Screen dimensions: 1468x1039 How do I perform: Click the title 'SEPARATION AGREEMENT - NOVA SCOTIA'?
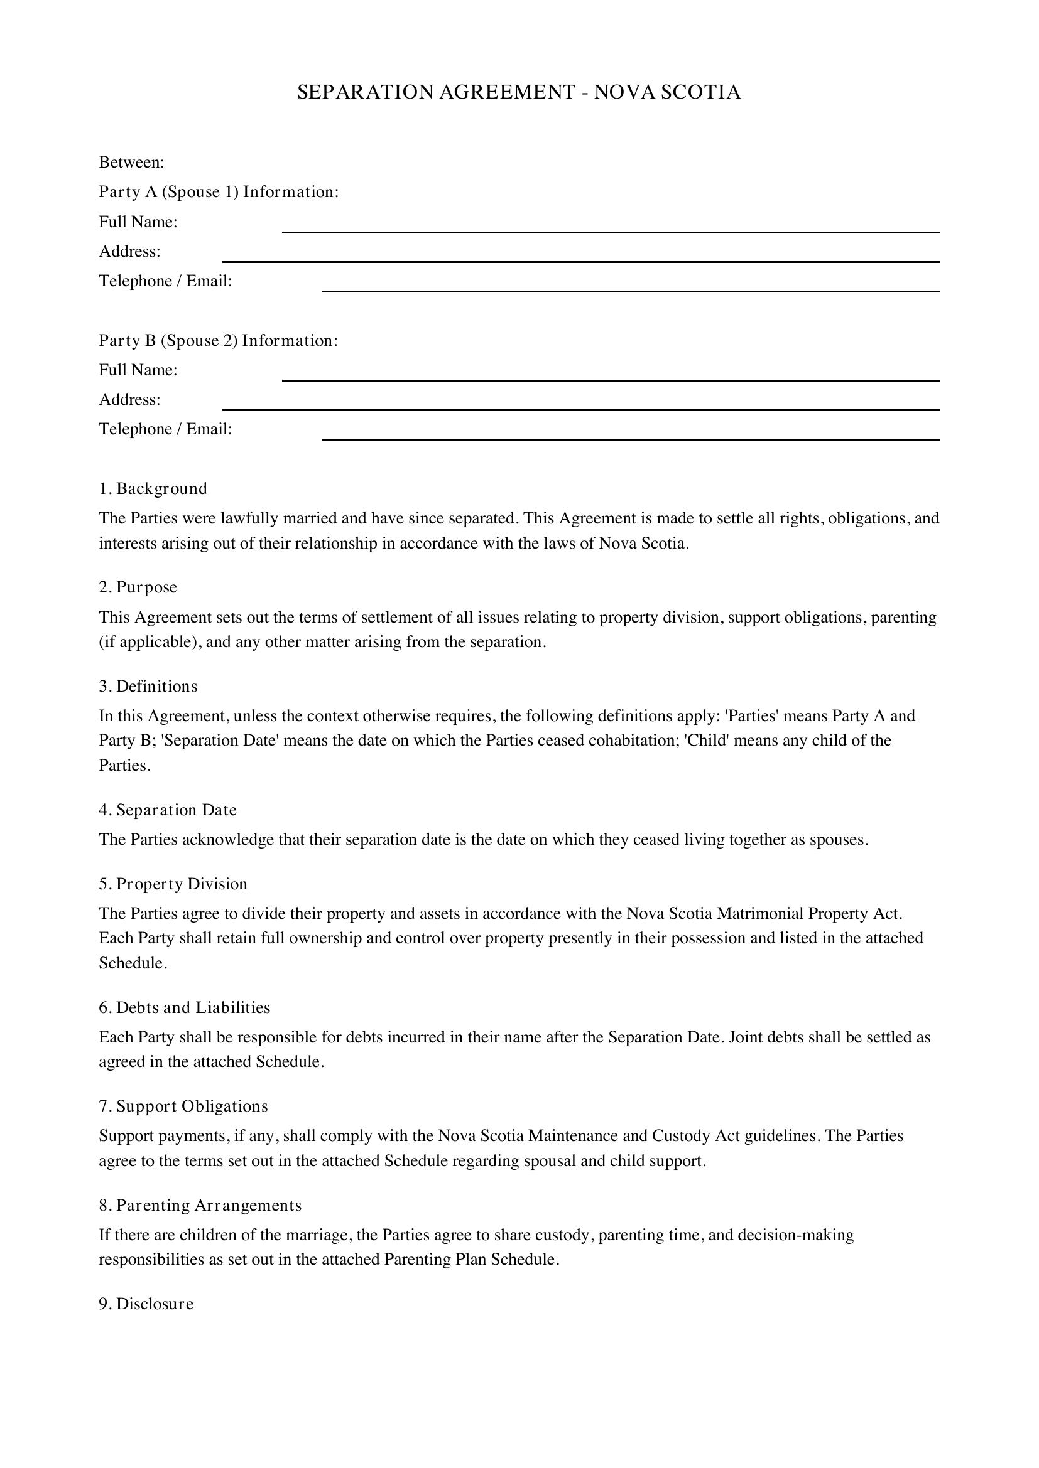pos(519,93)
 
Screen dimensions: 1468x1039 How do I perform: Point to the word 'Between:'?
pos(132,163)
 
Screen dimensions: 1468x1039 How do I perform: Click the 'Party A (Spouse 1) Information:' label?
pos(219,192)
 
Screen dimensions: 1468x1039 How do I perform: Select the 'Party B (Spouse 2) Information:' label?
pos(218,340)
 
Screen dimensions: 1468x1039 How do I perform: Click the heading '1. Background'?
pos(153,488)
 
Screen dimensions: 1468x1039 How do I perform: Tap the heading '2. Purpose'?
pos(138,587)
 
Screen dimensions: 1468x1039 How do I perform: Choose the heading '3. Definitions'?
pos(148,686)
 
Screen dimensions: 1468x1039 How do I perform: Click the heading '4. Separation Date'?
pos(168,810)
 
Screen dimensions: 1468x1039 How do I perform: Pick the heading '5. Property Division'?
pos(173,884)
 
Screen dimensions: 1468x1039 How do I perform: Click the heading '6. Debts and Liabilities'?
pos(184,1008)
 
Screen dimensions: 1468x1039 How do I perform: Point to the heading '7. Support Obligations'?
pos(183,1106)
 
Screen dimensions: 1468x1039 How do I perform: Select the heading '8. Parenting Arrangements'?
pos(200,1205)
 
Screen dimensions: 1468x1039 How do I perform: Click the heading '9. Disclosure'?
pos(146,1304)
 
